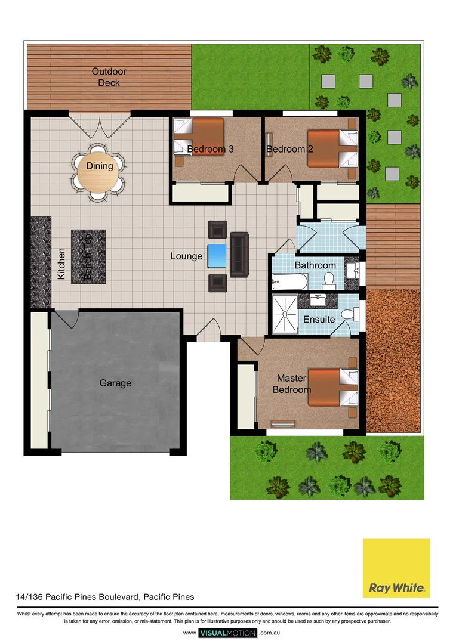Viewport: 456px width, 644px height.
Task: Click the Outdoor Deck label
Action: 109,77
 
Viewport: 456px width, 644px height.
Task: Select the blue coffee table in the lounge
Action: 217,256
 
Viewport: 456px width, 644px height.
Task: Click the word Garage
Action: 115,383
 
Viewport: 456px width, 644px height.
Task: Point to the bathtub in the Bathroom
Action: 289,281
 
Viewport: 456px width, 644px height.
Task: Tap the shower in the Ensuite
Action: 285,314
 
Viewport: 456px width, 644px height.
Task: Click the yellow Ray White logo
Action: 396,568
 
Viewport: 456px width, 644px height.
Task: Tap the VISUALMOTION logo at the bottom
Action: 227,633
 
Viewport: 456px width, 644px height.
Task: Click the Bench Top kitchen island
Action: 88,256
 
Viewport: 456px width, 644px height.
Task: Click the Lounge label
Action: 186,256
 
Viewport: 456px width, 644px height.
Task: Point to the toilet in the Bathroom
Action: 328,279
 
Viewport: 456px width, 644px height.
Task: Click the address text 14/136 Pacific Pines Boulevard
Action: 104,596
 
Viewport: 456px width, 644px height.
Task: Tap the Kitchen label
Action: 61,264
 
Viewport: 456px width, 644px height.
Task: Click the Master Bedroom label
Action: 291,384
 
